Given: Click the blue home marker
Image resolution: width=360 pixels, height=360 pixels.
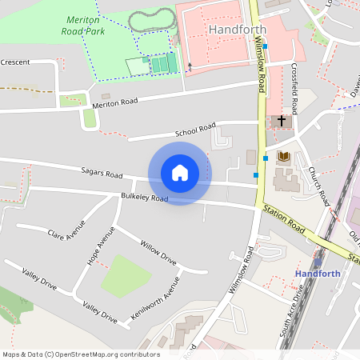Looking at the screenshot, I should coord(180,174).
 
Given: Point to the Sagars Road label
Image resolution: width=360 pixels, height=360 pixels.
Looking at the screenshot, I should coord(102,173).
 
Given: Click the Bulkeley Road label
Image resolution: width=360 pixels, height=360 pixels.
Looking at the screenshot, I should coord(144,198).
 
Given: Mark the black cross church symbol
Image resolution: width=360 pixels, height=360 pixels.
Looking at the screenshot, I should coord(282,121).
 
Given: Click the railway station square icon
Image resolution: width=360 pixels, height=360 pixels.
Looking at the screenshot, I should coord(318,261).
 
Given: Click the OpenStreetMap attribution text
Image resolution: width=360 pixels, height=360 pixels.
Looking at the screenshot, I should coord(81,354).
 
